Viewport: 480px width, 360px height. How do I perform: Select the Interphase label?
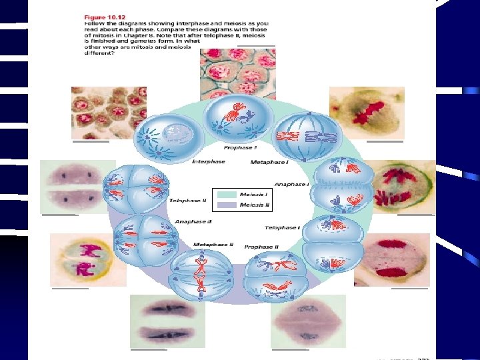209,161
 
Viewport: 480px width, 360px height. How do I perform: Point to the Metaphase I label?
269,162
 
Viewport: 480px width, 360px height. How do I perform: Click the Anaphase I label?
291,184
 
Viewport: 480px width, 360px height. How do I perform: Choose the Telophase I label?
282,227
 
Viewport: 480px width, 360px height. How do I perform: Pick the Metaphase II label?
213,245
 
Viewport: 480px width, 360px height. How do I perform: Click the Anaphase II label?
193,221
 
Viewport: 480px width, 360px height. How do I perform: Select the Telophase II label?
187,201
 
